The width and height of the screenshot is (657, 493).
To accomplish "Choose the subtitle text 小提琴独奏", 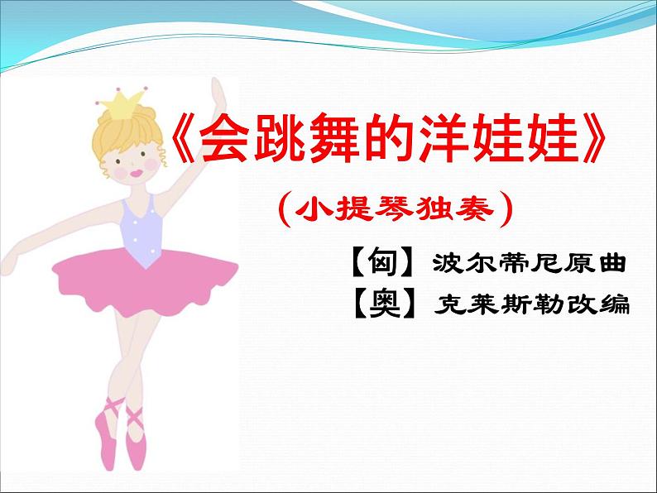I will pos(396,210).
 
